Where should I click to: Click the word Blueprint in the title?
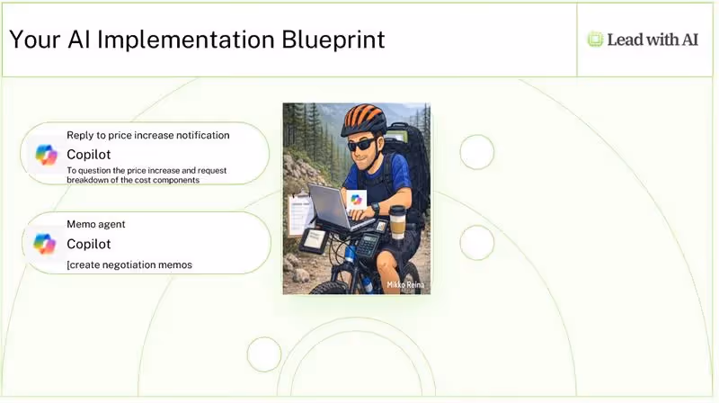333,40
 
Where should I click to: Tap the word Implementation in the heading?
185,40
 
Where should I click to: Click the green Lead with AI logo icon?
595,40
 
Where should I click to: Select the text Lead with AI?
652,40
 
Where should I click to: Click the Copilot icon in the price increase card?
47,155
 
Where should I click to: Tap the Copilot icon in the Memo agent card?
45,244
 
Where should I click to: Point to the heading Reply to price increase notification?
148,135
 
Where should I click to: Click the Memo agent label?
96,224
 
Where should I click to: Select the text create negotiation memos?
130,264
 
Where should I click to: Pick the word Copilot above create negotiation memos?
89,244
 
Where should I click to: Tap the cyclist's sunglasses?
362,145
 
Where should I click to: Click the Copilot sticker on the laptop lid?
356,199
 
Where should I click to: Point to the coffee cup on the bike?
397,223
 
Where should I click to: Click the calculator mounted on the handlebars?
368,245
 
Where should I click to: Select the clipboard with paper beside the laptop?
300,214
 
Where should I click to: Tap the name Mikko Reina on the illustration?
405,285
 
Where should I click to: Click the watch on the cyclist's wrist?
376,209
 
